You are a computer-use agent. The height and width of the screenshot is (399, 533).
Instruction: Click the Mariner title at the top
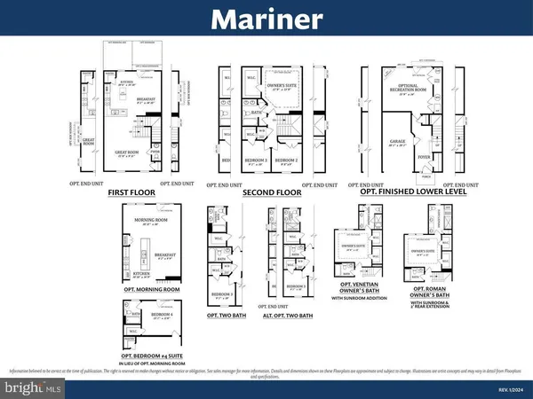click(266, 20)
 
